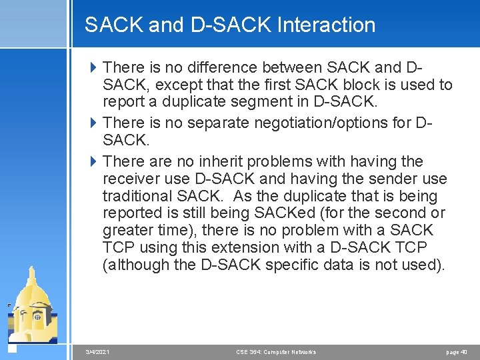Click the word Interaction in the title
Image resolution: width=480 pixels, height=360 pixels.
[326, 25]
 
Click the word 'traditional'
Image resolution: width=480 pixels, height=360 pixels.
[137, 196]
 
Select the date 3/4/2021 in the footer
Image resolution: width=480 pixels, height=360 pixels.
[98, 352]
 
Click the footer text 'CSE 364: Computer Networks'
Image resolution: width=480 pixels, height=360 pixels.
[276, 352]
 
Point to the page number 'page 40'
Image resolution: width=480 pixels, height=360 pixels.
[457, 352]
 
